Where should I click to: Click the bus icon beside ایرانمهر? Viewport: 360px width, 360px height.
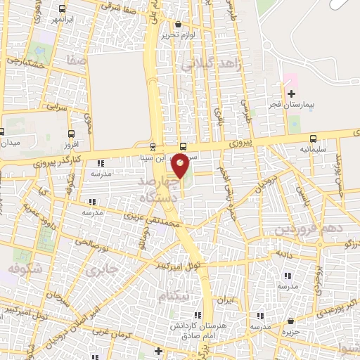point(63,10)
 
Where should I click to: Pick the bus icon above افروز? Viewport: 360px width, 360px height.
point(72,132)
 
